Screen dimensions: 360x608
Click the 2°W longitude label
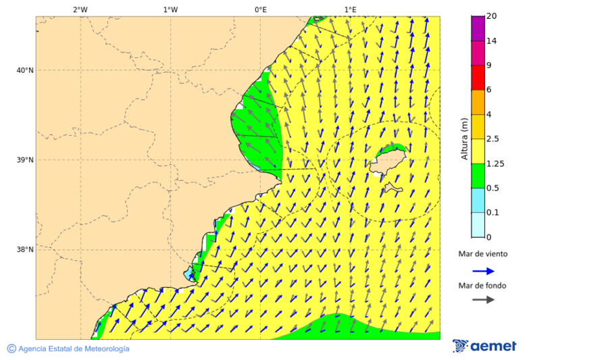(x=80, y=9)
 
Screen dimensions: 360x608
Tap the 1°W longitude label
(x=170, y=9)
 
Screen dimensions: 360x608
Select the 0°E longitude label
(x=260, y=9)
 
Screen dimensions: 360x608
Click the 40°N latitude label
(x=25, y=70)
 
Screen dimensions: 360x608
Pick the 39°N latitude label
(x=25, y=160)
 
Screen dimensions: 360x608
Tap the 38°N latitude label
(x=25, y=250)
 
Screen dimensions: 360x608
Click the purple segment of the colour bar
(x=478, y=28)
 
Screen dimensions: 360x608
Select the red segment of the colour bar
(x=478, y=78)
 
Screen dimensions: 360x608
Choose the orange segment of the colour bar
(x=478, y=102)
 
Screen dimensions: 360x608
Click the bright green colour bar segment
(x=478, y=176)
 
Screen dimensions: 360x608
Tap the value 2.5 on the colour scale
(x=492, y=139)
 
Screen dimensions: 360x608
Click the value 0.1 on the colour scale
(x=492, y=213)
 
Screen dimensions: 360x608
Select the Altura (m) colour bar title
(x=464, y=138)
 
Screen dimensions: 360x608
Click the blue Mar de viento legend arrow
(x=483, y=271)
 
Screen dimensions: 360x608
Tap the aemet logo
(x=484, y=346)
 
